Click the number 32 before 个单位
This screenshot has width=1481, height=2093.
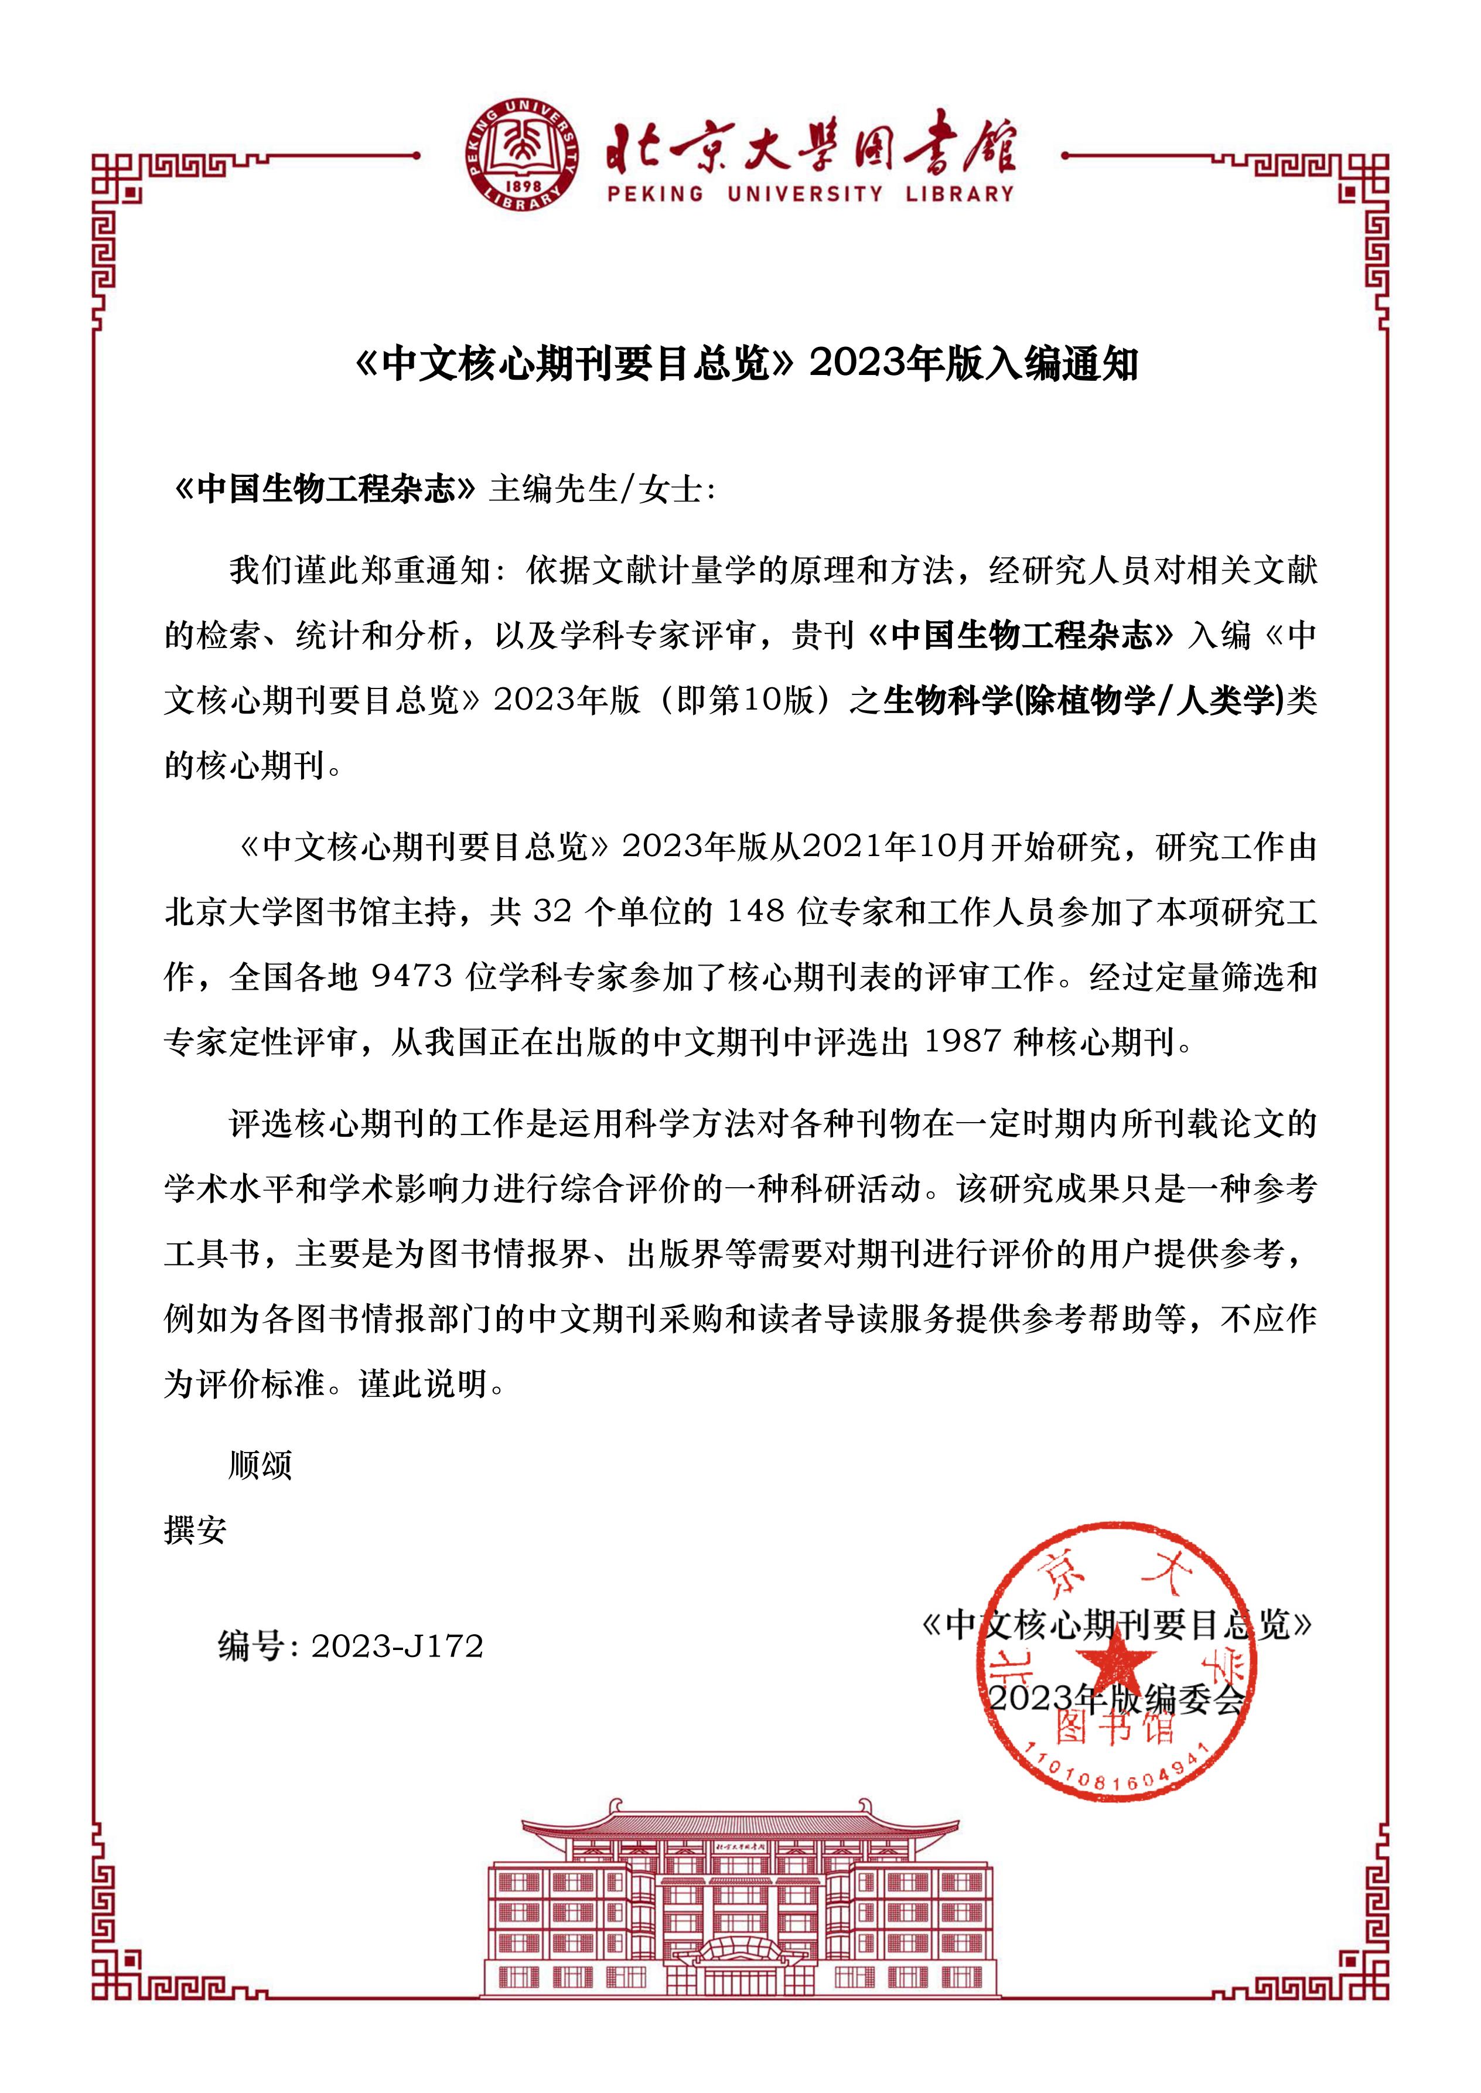tap(552, 912)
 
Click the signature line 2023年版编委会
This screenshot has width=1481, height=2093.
tap(1116, 1698)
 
